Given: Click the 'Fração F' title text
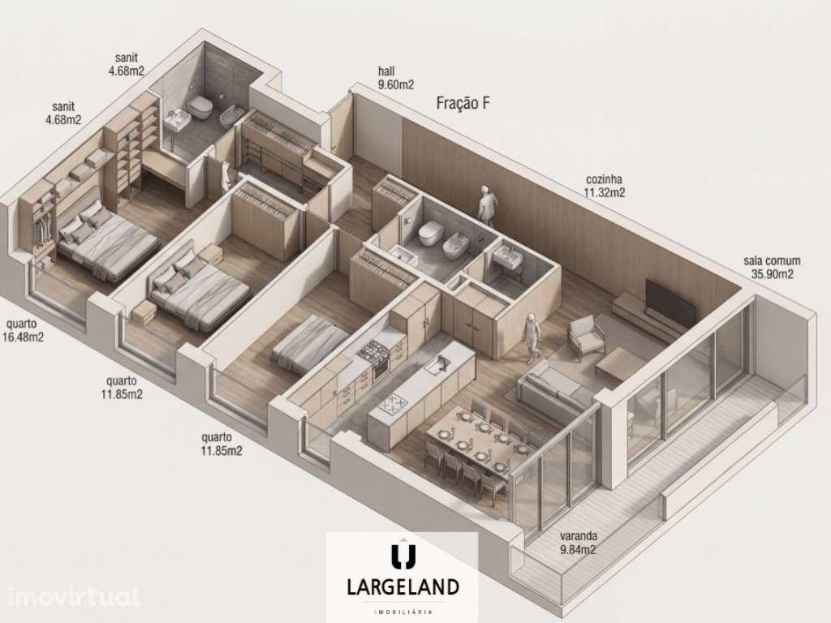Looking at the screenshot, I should (463, 103).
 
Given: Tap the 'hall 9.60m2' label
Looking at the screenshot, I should (396, 78).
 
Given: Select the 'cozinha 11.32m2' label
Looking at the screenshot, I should (605, 186).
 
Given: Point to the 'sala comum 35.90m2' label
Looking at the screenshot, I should (772, 267).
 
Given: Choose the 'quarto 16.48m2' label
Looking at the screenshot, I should (24, 331).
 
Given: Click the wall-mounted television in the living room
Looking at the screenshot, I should (669, 302).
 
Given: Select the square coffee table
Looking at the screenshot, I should (620, 363).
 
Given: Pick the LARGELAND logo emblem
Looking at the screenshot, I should (403, 556).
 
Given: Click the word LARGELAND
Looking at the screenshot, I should (403, 586).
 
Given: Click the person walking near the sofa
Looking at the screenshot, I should (532, 337).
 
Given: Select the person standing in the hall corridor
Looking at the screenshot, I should (486, 206).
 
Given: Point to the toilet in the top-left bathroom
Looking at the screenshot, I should (196, 106).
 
